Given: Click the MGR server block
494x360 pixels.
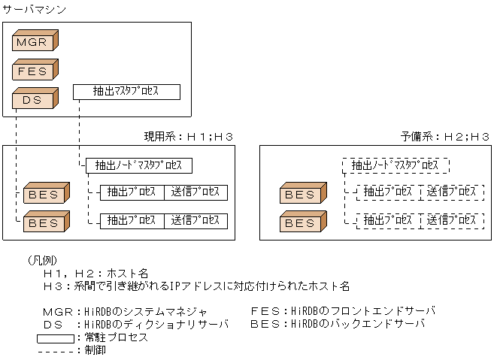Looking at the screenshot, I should (x=35, y=42).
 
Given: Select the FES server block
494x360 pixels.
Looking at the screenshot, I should (x=35, y=71).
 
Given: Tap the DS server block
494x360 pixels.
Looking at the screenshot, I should (x=35, y=99).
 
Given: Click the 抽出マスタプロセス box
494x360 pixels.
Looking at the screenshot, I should (x=126, y=92).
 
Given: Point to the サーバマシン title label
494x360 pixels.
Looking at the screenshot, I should (x=34, y=9).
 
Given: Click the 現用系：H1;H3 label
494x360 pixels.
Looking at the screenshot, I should (x=189, y=137).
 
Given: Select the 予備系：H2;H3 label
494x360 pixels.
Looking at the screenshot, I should (x=445, y=137).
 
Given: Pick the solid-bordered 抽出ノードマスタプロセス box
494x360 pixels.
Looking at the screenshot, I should (x=139, y=165).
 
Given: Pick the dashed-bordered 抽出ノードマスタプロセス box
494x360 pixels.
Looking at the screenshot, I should (x=396, y=165).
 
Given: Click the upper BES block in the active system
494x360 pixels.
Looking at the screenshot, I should (x=45, y=195).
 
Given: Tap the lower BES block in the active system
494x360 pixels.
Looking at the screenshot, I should (x=45, y=223).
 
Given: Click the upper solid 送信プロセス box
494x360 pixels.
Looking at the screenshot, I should (x=195, y=192).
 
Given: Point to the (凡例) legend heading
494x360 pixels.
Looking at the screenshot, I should (x=47, y=260).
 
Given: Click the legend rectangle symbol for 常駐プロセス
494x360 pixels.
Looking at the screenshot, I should (x=55, y=338).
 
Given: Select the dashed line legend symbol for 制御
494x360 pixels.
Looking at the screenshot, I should (x=55, y=349).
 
